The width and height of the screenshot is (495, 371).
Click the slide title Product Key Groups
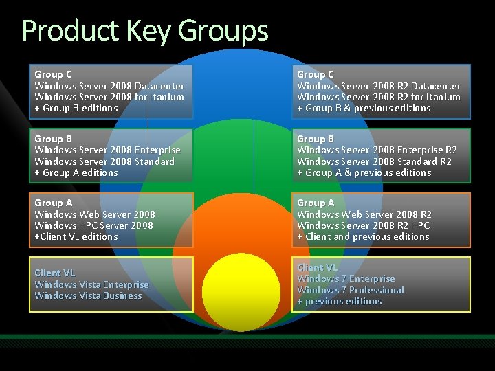(x=145, y=31)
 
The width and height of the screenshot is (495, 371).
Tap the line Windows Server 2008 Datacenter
(x=109, y=86)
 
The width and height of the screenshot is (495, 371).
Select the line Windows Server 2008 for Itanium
(x=109, y=97)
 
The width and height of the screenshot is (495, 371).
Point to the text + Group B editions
(x=76, y=108)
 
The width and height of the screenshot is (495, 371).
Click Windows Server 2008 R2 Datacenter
(x=379, y=86)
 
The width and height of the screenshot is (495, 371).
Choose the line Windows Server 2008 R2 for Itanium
(x=379, y=97)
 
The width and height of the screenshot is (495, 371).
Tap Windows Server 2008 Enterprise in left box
(x=107, y=150)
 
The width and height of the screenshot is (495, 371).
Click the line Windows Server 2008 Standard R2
(x=374, y=161)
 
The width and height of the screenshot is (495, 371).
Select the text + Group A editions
(x=76, y=172)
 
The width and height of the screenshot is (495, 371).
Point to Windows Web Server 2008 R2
(x=364, y=214)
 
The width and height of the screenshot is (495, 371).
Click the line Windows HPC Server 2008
(x=93, y=225)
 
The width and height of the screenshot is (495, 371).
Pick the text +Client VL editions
(x=76, y=236)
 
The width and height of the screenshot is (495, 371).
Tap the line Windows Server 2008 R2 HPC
(x=364, y=225)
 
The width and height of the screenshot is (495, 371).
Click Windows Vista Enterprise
(x=91, y=284)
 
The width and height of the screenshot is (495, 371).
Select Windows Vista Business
(x=88, y=295)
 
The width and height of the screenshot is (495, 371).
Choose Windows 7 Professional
(x=351, y=290)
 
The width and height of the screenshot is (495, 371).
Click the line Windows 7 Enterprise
(x=346, y=278)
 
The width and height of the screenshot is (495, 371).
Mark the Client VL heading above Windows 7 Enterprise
(x=317, y=267)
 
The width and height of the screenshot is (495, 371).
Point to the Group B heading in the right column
(x=316, y=139)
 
